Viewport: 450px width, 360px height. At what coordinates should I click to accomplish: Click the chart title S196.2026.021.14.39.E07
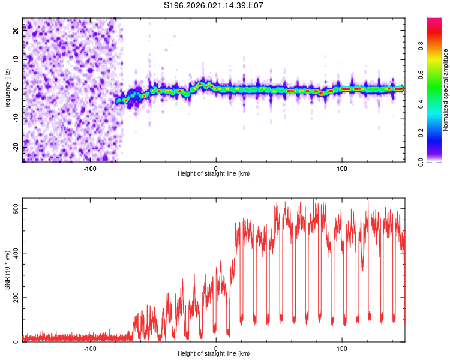(x=214, y=5)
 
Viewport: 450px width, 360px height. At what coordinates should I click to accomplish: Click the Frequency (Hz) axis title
(x=7, y=89)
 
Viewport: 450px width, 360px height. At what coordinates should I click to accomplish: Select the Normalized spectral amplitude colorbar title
(x=446, y=90)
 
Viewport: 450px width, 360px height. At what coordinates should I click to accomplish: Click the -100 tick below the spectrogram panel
(x=90, y=168)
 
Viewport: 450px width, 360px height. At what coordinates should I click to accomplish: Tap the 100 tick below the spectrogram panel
(x=342, y=168)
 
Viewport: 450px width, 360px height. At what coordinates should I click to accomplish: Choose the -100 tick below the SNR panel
(x=90, y=349)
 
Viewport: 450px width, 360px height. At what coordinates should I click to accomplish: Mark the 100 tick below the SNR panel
(x=342, y=349)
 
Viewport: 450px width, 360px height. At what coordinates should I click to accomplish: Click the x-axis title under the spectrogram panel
(x=214, y=174)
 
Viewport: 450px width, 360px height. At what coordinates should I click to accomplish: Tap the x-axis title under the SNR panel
(x=214, y=355)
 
